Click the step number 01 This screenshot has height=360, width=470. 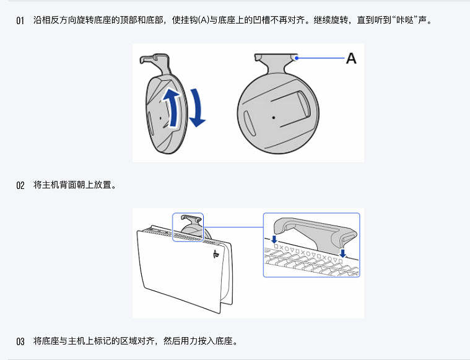click(x=20, y=20)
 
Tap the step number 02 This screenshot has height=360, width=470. click(x=20, y=185)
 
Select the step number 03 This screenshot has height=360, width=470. click(x=20, y=341)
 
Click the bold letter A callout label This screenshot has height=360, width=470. click(x=351, y=59)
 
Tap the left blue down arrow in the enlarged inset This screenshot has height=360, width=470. click(x=274, y=239)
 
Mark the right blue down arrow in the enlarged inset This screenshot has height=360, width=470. click(x=342, y=253)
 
